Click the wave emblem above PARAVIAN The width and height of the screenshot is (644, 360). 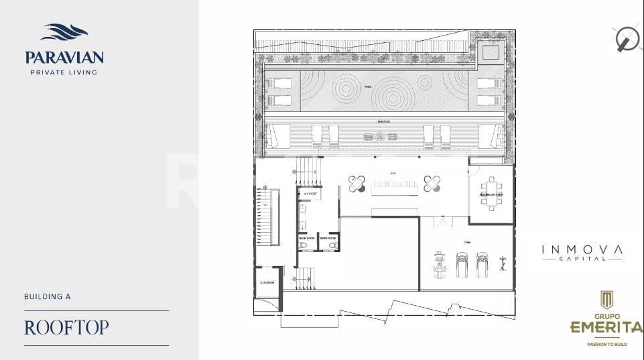[64, 32]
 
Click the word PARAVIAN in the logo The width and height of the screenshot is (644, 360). [64, 58]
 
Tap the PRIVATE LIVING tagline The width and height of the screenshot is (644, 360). [64, 72]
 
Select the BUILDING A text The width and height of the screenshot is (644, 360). [47, 296]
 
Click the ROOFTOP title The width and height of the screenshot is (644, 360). [66, 328]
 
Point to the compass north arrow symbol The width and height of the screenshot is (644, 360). [627, 39]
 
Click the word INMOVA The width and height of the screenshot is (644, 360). [582, 249]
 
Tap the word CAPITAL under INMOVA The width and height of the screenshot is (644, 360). [582, 259]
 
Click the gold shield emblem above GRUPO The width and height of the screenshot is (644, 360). [606, 299]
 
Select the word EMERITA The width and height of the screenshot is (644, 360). [606, 328]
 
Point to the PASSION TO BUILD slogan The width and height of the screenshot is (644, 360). [606, 343]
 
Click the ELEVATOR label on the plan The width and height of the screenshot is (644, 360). [267, 283]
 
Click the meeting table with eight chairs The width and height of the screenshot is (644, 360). [492, 194]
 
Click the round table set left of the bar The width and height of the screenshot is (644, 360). [357, 183]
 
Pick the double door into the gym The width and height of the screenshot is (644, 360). [442, 221]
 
